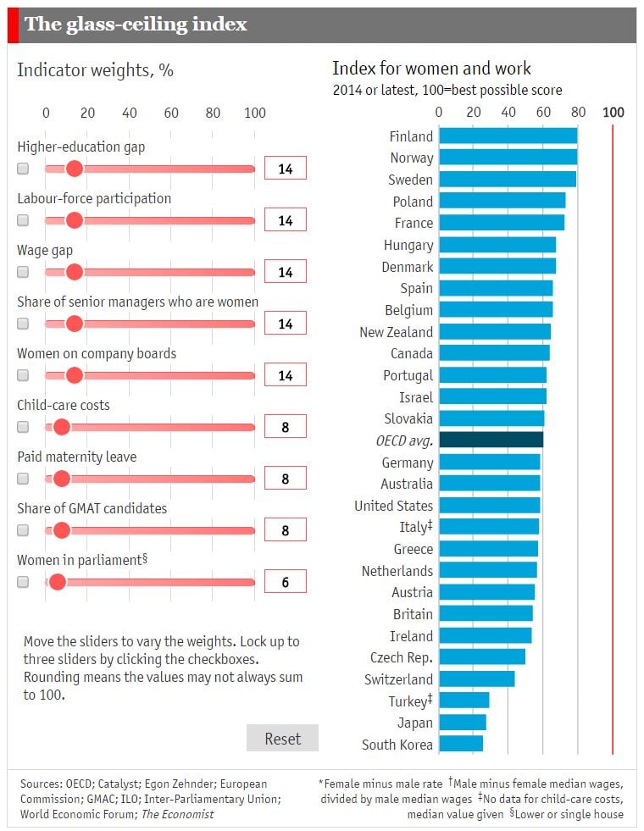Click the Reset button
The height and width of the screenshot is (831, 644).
pos(282,738)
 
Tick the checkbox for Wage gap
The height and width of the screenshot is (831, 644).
pos(23,272)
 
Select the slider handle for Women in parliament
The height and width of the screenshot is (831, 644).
pos(57,582)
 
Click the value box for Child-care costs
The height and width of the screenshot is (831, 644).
pos(285,427)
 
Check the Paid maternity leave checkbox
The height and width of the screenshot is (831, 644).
pos(23,479)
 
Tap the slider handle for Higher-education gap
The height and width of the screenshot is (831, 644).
pos(74,169)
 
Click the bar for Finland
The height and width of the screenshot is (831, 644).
pos(508,136)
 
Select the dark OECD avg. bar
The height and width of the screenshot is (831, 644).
pos(491,440)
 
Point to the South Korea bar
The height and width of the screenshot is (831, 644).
pos(461,745)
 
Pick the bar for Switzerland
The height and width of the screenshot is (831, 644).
pos(476,679)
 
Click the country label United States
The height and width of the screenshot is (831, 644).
pos(393,506)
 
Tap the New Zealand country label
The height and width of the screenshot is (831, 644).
pos(396,332)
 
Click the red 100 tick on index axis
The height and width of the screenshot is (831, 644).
pos(613,113)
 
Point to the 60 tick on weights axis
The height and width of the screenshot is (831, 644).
pos(171,114)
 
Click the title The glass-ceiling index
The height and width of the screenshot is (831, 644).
pos(136,25)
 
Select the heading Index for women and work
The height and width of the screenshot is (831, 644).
pos(431,69)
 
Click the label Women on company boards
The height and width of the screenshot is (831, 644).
pos(97,353)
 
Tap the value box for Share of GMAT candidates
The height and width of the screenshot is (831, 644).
pos(285,530)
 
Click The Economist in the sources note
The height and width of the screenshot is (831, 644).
pos(178,814)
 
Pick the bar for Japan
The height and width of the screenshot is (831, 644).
pos(463,723)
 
